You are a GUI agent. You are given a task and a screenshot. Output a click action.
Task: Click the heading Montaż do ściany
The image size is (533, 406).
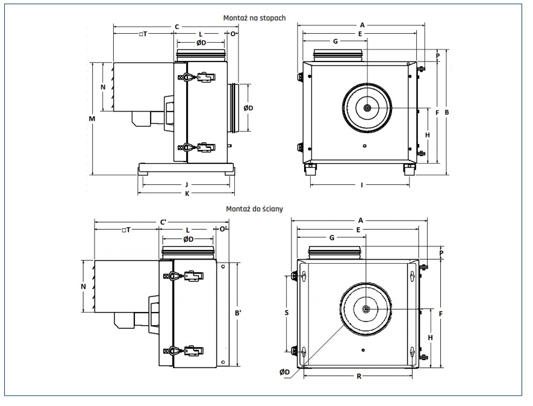(x=254, y=209)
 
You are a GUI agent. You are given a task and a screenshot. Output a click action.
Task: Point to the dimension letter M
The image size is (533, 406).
(x=92, y=119)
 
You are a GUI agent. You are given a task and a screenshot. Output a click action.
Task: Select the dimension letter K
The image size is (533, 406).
(x=187, y=193)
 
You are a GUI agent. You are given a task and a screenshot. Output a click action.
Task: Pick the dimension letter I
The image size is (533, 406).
(x=361, y=185)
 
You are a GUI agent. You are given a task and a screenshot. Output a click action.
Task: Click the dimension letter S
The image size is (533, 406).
(x=287, y=313)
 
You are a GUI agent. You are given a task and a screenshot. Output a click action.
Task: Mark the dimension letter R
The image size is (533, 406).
(x=359, y=376)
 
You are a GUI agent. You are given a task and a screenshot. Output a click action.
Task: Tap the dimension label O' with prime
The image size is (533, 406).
(x=222, y=230)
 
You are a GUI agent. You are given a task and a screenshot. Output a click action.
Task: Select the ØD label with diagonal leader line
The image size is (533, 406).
(x=285, y=372)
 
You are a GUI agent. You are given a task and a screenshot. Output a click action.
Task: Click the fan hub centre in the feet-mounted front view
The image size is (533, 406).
(x=367, y=108)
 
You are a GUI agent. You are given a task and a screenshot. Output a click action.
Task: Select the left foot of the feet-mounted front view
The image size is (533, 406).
(x=311, y=169)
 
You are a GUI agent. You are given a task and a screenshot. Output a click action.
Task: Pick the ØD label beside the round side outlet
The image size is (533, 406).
(x=248, y=108)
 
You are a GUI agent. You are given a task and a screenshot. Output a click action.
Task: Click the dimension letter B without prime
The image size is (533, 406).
(x=446, y=112)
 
